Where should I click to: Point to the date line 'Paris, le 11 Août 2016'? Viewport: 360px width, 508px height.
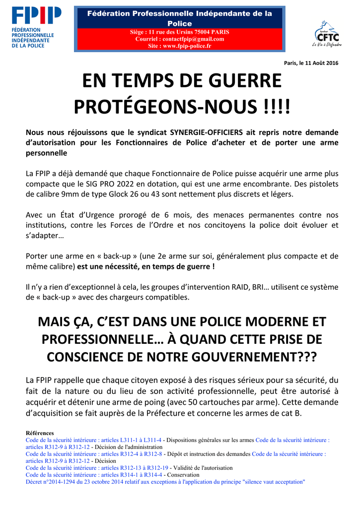(x=311, y=63)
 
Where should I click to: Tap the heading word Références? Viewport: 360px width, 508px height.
(x=40, y=433)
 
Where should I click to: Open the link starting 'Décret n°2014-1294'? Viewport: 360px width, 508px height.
(x=165, y=482)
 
